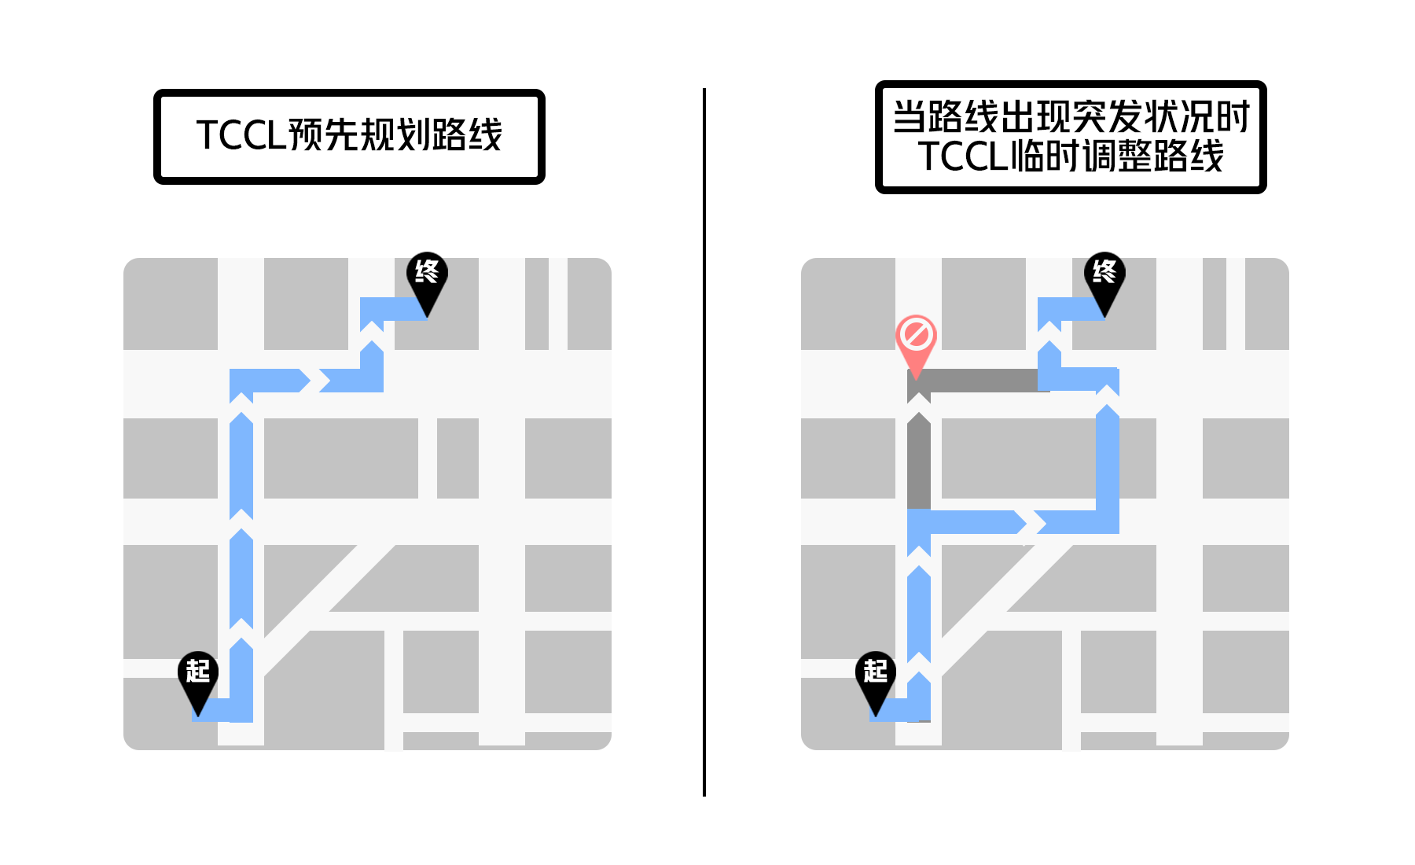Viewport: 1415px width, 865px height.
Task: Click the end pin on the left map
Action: tap(427, 277)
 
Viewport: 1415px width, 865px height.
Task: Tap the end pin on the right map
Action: tap(1104, 277)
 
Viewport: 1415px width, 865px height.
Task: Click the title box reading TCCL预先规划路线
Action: tap(349, 137)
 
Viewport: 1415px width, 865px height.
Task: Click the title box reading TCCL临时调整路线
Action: tap(1071, 137)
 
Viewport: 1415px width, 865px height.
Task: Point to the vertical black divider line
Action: tap(704, 440)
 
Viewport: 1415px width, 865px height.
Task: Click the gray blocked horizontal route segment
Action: tap(983, 381)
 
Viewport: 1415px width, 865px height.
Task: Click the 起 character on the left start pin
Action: tap(197, 670)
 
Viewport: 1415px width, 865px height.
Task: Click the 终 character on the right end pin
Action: tap(1104, 271)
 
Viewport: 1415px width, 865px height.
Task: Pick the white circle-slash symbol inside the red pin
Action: tap(916, 334)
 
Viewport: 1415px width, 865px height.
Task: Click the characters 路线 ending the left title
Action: tap(468, 135)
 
